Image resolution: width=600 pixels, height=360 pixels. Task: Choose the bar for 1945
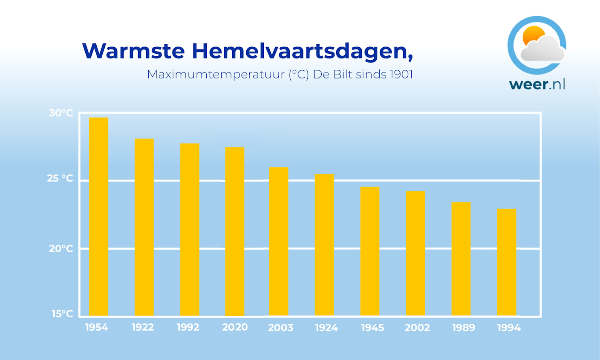coord(370,251)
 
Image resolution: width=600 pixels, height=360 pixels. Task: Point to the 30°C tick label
coord(61,113)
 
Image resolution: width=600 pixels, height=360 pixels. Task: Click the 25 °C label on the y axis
coord(60,179)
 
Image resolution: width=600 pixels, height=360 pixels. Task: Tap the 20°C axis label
coord(61,248)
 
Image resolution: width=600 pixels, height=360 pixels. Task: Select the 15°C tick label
coord(62,314)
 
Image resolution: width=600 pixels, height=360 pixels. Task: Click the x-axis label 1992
coord(188,327)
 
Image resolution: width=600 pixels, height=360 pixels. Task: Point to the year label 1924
coord(326,328)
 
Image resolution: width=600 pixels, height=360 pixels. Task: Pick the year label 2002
coord(417,328)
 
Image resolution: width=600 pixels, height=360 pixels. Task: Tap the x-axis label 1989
coord(463,328)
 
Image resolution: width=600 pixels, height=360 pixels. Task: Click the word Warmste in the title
coord(133,51)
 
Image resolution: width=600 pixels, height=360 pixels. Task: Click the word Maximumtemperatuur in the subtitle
coord(216,75)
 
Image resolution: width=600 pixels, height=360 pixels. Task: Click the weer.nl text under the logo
coord(537,84)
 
